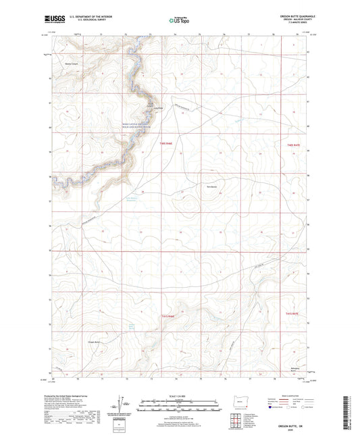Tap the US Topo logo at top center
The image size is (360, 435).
click(x=178, y=21)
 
